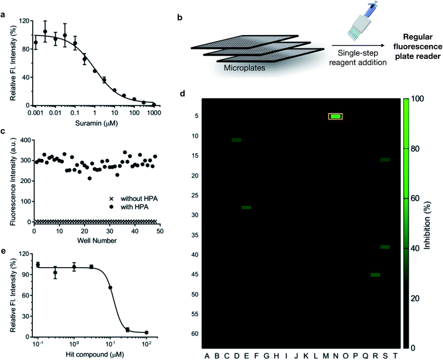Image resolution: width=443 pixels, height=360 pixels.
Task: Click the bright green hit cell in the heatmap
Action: tap(335, 116)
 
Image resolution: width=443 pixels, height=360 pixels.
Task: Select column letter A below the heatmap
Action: tap(207, 356)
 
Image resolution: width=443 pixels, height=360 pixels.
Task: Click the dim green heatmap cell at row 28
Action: tap(246, 207)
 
